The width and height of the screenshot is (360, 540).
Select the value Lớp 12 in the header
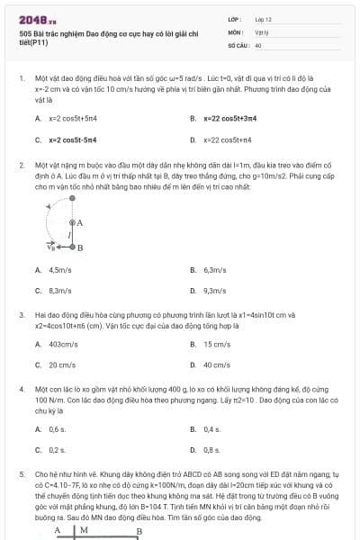click(263, 18)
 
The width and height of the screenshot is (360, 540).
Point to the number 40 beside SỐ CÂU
click(258, 43)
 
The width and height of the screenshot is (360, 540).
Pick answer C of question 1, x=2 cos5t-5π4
click(72, 139)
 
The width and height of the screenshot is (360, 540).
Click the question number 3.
click(22, 316)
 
